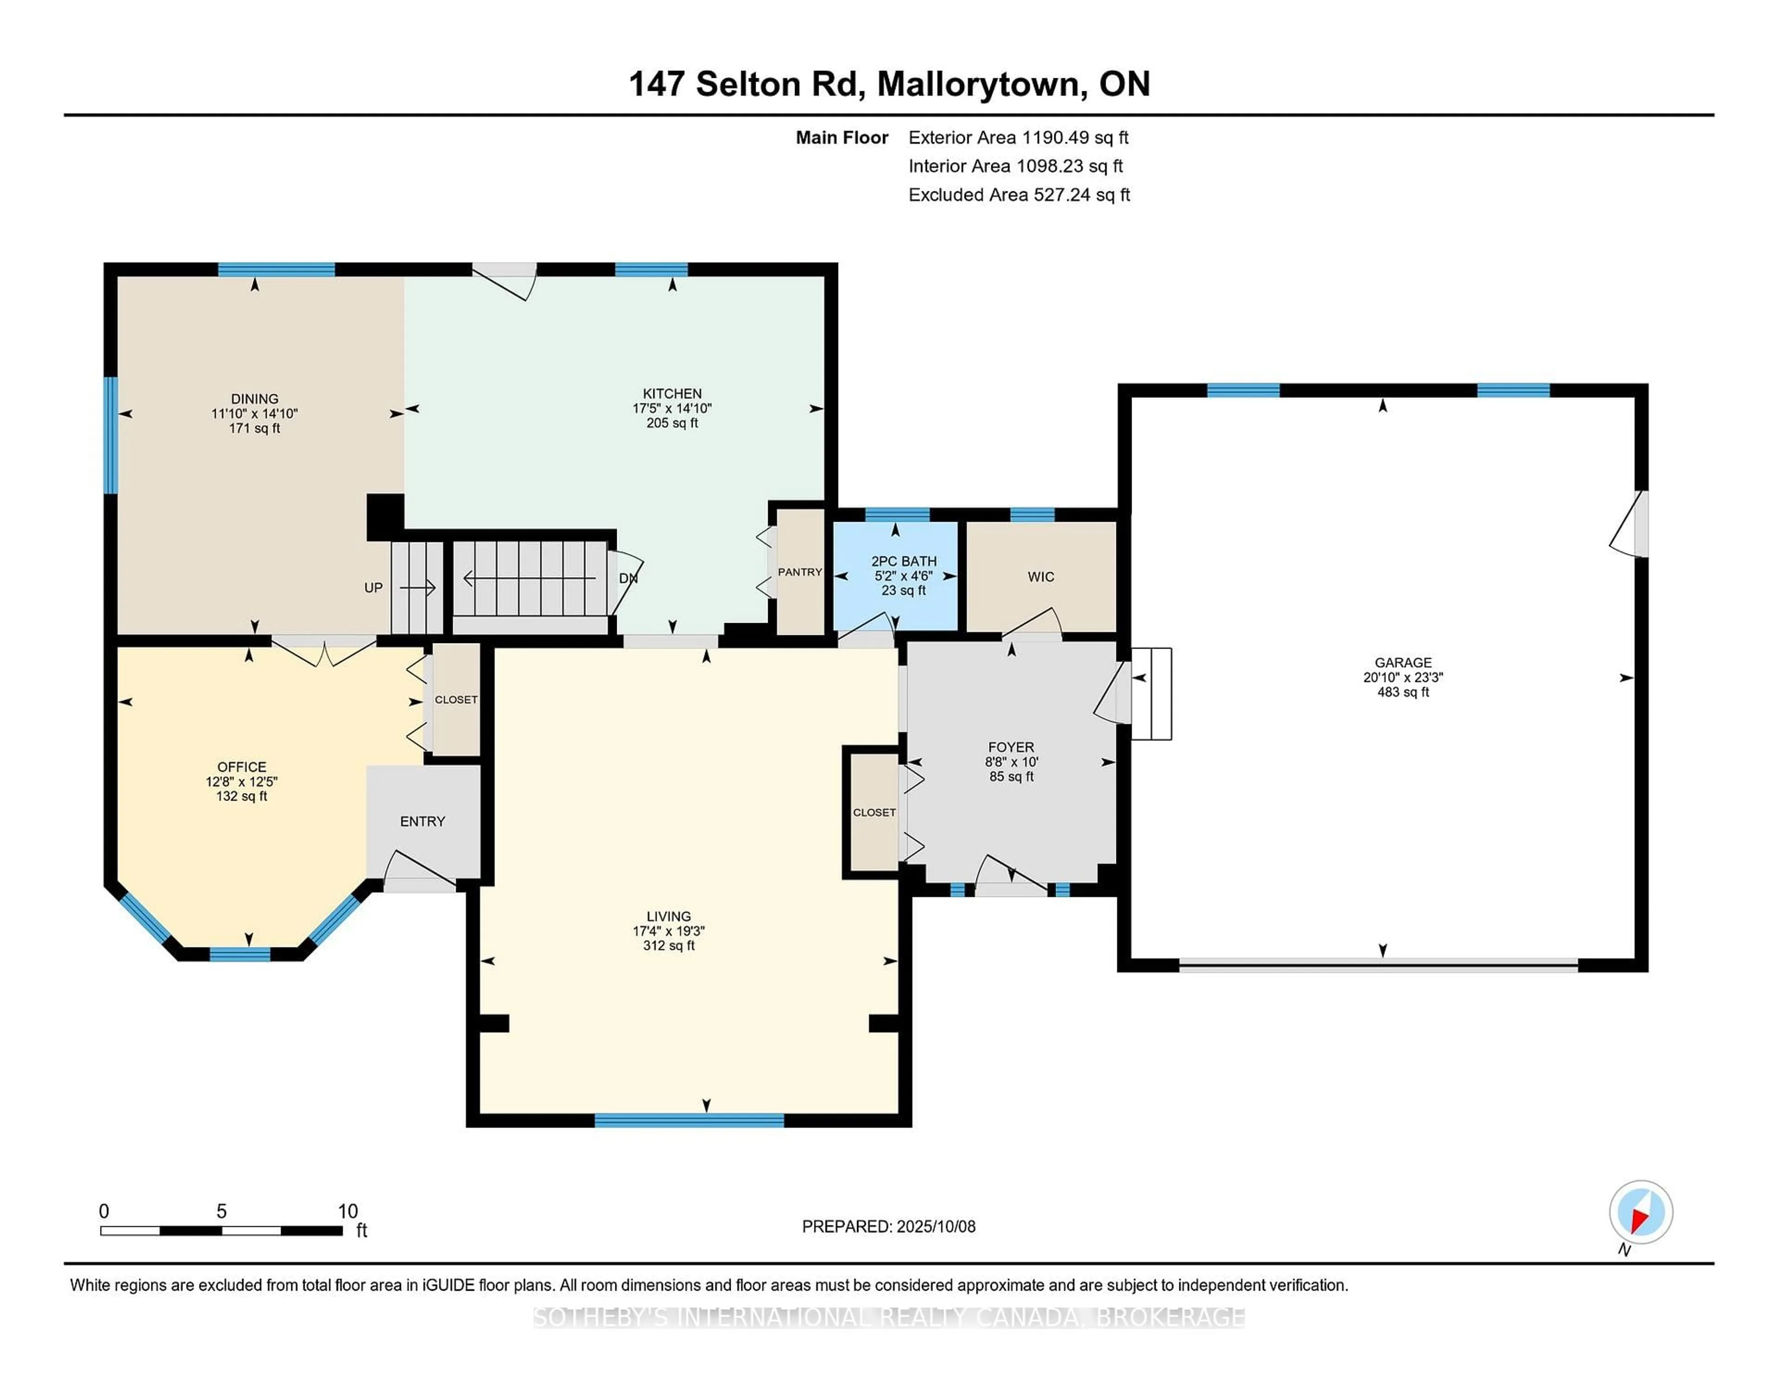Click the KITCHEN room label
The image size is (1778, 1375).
[672, 393]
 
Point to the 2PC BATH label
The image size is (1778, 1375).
[904, 561]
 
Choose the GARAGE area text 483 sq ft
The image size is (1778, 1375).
[1402, 693]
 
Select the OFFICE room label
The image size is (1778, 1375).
[242, 767]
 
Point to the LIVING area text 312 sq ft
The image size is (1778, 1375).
[669, 946]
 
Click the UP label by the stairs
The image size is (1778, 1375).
[373, 588]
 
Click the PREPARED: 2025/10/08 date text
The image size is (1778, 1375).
[888, 1227]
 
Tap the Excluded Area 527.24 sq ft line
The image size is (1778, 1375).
[1019, 195]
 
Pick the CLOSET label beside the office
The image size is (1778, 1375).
[456, 700]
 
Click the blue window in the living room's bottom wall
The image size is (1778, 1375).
[689, 1121]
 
